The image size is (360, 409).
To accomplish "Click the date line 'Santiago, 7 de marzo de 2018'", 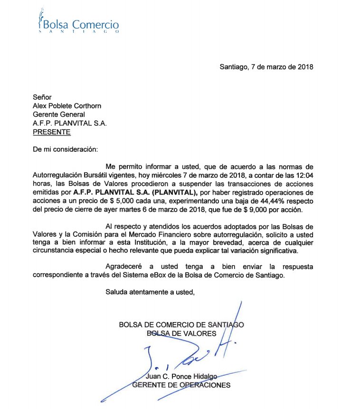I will point(266,67).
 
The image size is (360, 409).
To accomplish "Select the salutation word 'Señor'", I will point(42,97).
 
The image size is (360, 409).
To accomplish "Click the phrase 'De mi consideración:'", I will point(65,149).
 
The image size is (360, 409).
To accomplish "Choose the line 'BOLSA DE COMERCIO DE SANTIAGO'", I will point(181,325).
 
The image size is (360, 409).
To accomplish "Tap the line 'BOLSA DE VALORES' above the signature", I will point(181,334).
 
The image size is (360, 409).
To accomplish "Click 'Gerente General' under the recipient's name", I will point(58,114).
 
